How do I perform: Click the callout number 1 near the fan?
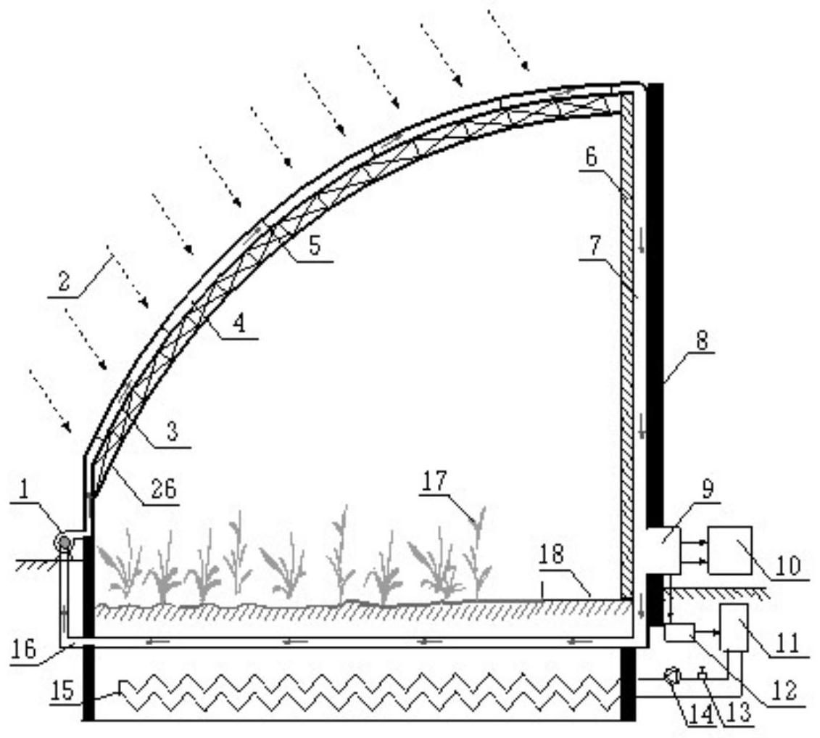[x=23, y=490]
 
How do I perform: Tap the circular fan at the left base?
[x=65, y=542]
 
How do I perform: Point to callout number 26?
[x=164, y=489]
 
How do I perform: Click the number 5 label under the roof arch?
[x=315, y=245]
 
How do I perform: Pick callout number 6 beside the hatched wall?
[x=591, y=157]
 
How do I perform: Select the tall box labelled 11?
[x=730, y=550]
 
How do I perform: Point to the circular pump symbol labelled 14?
[x=679, y=632]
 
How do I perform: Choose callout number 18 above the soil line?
[x=434, y=480]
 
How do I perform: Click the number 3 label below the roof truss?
[x=552, y=555]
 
